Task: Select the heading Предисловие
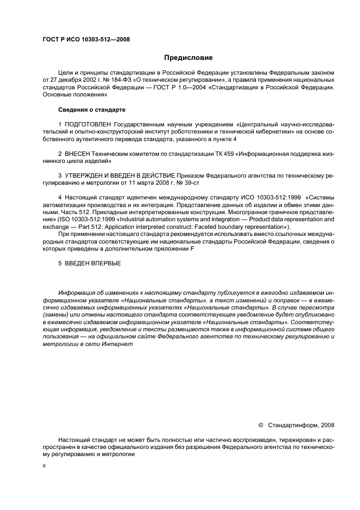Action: [x=188, y=58]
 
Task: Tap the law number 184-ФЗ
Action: [x=112, y=80]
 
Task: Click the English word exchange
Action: [x=56, y=227]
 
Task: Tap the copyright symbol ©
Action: [x=260, y=424]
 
